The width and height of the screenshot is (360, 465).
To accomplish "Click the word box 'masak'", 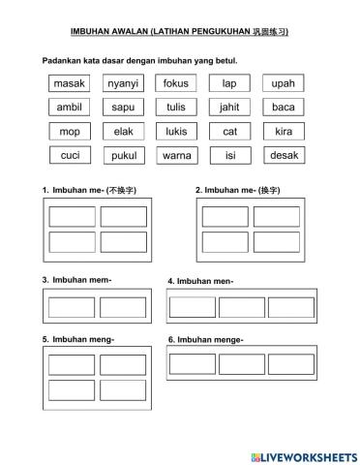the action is (70, 83).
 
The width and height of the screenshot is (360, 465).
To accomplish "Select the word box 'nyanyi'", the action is (123, 83).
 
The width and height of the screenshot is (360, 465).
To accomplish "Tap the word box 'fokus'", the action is (176, 83).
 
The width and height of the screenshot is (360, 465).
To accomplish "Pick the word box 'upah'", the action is (283, 83).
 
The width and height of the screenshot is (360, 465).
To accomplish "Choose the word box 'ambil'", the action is (70, 108).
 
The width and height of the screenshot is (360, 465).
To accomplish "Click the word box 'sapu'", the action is (123, 108).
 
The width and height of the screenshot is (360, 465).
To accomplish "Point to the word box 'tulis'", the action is (176, 108).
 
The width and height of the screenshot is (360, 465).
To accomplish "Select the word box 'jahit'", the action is (229, 108).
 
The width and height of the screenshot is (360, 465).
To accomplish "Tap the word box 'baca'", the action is (283, 108).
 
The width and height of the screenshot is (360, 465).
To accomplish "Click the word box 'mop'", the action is (70, 131).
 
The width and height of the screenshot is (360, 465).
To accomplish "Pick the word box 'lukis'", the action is (176, 131).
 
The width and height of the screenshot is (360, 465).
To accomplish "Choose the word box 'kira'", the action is (283, 131).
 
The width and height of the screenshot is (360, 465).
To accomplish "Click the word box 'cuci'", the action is (70, 155).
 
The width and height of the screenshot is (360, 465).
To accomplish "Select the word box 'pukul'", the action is (123, 155).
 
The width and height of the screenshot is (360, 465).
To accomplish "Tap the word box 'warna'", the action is (176, 155).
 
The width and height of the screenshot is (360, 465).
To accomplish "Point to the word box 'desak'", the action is (283, 155).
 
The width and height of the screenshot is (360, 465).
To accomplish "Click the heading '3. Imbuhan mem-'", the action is (77, 280).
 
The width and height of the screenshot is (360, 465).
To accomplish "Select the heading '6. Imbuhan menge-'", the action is (205, 339).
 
